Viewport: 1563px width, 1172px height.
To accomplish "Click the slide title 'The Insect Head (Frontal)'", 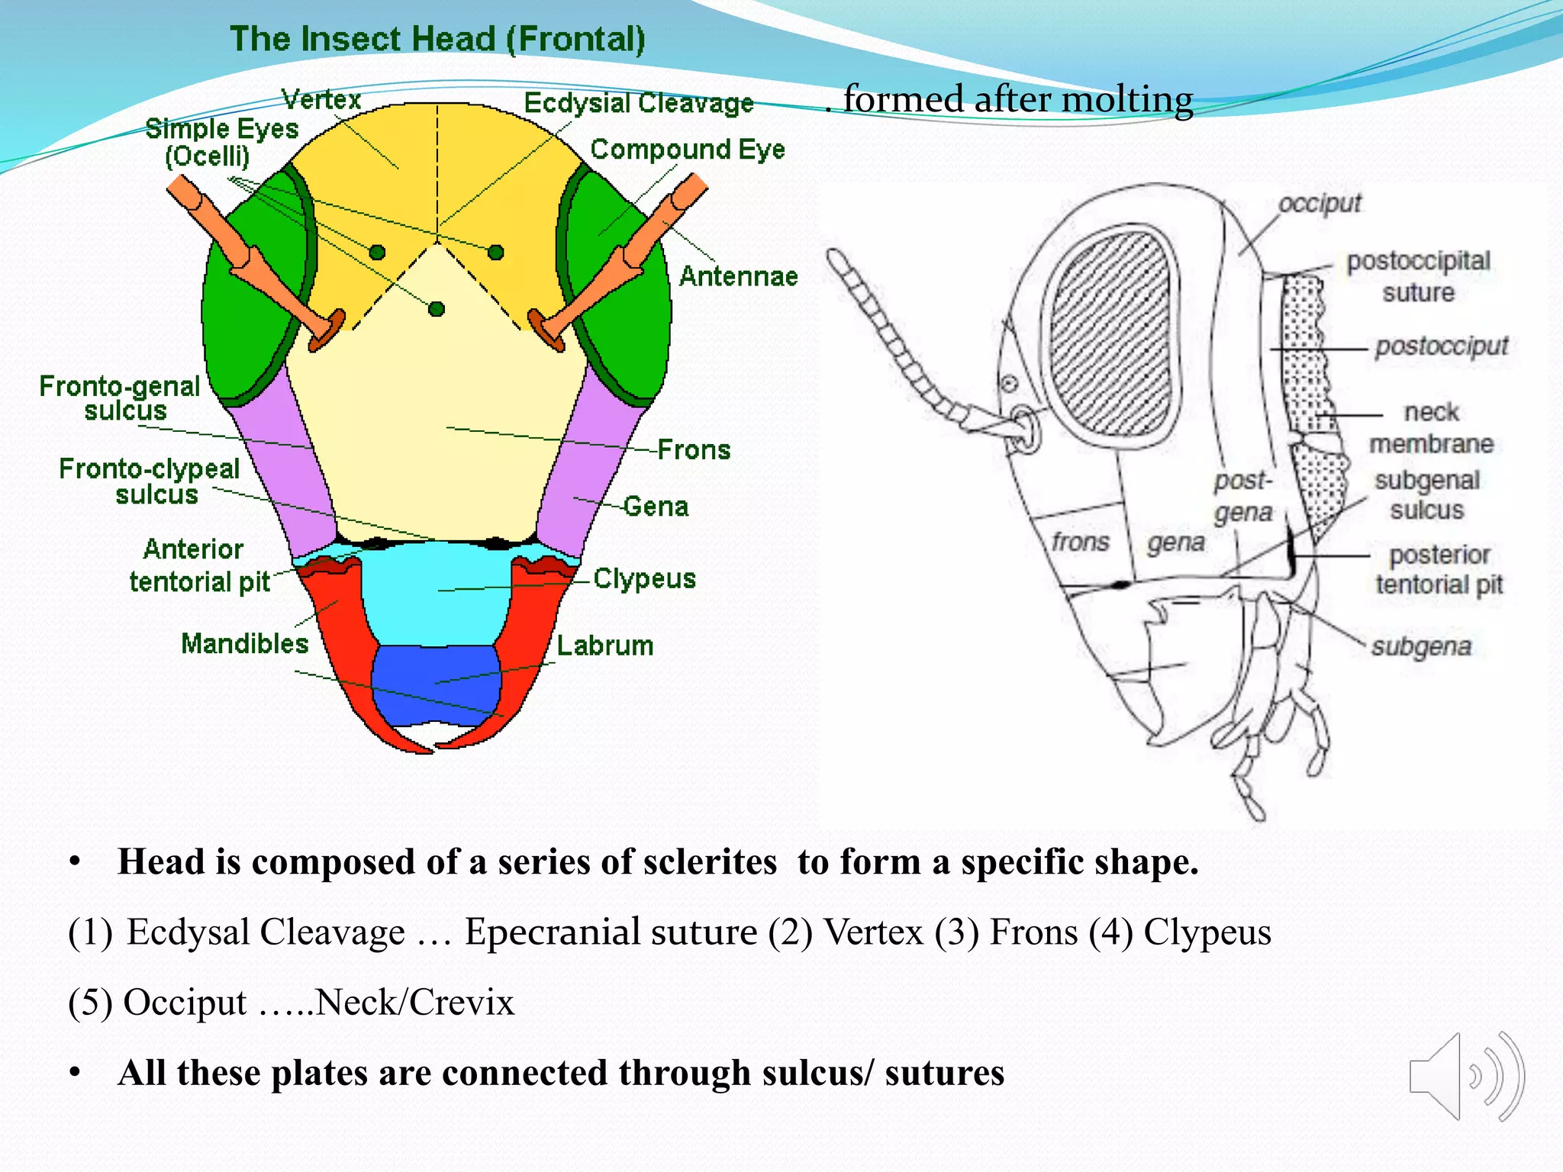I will (437, 39).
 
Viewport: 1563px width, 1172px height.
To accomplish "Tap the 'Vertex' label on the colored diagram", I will (321, 99).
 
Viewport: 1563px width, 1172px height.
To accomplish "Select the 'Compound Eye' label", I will (687, 150).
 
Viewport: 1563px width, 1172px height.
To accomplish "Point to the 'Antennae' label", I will (738, 276).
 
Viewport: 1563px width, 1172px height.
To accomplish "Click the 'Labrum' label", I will (604, 646).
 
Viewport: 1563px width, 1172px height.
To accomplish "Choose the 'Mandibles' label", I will (244, 644).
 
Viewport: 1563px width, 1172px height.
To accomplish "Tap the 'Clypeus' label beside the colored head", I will (644, 579).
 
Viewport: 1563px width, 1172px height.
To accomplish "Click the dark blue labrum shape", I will (435, 683).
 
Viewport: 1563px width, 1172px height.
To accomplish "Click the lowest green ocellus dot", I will (437, 309).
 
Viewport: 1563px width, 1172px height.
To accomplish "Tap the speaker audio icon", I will (1465, 1077).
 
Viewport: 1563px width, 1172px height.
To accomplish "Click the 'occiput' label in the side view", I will (1320, 204).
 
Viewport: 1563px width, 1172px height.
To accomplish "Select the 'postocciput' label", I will (1442, 346).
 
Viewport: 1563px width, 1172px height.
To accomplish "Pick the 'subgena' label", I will (1421, 647).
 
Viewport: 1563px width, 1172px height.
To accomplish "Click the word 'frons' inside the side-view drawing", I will (1080, 542).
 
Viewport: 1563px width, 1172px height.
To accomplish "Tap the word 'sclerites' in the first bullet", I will (710, 862).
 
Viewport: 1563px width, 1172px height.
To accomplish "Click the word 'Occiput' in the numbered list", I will (185, 1003).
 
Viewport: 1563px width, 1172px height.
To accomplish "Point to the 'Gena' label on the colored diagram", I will (656, 507).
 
